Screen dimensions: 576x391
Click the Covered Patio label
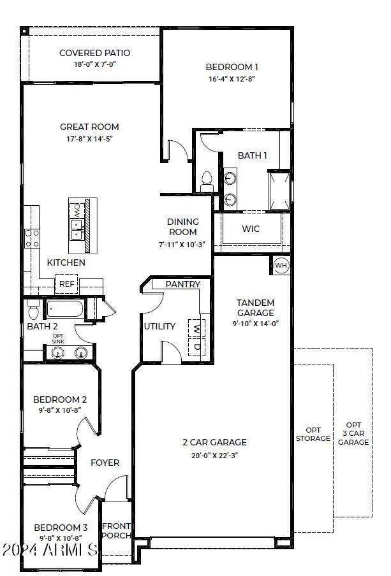[90, 52]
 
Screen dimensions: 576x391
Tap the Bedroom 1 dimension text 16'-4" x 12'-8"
[232, 80]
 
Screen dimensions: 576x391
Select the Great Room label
[89, 127]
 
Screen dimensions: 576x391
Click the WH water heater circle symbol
[281, 265]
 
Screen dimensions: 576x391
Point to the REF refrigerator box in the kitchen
[66, 284]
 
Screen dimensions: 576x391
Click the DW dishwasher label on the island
[77, 209]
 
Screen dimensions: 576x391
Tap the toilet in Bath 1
[207, 182]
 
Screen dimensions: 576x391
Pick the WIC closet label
[249, 229]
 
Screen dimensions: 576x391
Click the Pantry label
[183, 284]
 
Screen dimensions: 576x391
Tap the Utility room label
[159, 326]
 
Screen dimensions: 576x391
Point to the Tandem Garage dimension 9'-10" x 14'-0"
[255, 324]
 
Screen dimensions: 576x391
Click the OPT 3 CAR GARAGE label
[353, 433]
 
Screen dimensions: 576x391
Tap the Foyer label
[105, 463]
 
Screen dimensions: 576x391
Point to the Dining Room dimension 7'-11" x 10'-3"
[182, 243]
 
